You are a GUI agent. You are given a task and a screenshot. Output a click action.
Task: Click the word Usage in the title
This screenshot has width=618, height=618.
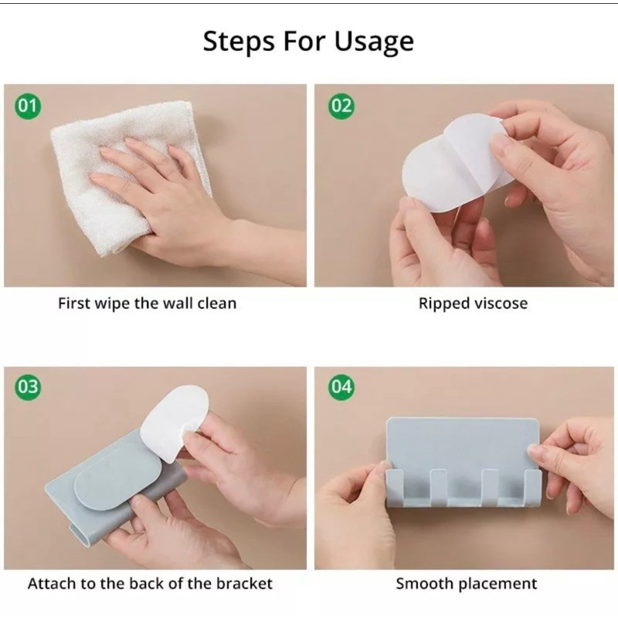click(x=374, y=42)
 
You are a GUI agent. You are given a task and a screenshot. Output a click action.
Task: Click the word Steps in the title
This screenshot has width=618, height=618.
click(x=239, y=42)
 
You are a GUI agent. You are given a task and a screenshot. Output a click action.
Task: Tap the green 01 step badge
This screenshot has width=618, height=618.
click(x=28, y=106)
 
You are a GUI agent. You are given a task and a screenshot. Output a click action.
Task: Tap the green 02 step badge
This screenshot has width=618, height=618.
click(x=341, y=106)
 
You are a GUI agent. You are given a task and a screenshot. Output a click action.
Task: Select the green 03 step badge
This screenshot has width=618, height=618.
click(x=28, y=387)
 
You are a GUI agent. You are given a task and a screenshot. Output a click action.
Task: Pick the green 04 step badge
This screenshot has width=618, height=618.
click(x=341, y=387)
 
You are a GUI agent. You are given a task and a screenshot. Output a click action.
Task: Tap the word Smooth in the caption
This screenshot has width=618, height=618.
click(x=424, y=584)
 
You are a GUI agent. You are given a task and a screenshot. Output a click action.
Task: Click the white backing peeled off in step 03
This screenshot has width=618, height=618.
click(x=173, y=422)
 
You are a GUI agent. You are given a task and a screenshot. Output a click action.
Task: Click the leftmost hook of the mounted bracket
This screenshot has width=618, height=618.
click(x=396, y=487)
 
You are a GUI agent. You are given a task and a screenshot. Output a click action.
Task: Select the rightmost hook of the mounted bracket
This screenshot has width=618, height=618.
click(x=533, y=487)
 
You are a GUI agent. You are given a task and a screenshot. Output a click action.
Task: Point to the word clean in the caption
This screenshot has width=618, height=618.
click(x=217, y=304)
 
